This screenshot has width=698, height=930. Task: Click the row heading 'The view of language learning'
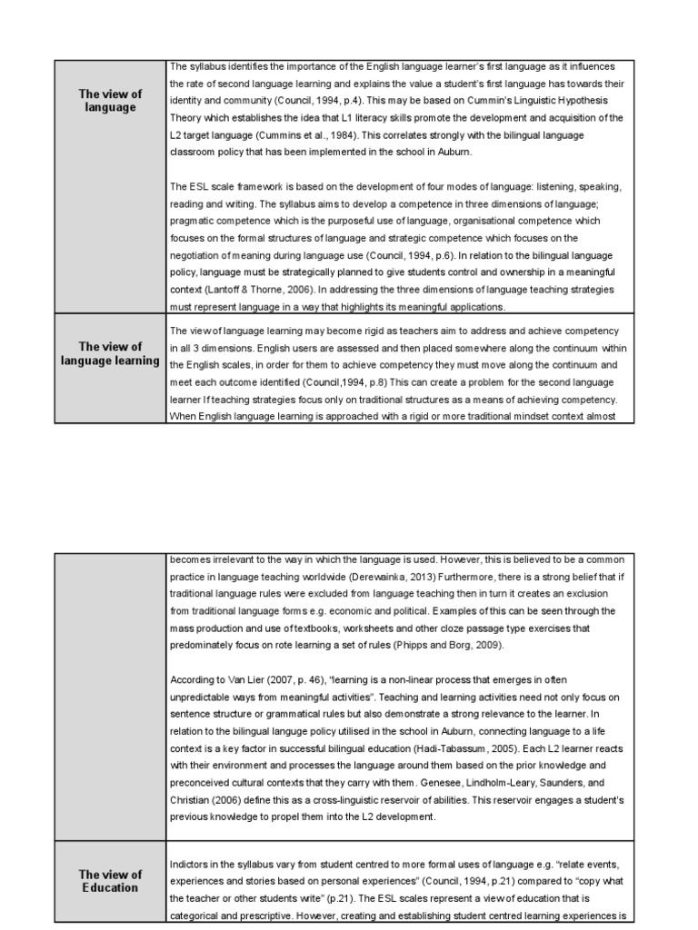coord(110,353)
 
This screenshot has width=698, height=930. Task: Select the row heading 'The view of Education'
coord(110,881)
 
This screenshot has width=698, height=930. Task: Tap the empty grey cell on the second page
coord(110,695)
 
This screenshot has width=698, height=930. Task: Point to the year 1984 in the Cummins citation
coord(353,134)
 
